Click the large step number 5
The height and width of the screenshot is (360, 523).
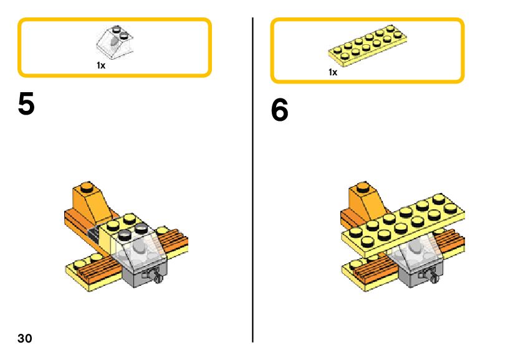point(26,104)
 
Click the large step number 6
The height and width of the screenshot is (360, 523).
point(280,111)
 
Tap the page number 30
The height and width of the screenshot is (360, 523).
point(24,338)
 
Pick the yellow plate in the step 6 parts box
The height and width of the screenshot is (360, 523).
point(368,47)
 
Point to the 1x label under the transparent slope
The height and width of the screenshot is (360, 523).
point(101,65)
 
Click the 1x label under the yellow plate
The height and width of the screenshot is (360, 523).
point(333,72)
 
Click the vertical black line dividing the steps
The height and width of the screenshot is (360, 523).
point(252,181)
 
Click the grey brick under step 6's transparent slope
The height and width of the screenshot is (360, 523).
point(411,275)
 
